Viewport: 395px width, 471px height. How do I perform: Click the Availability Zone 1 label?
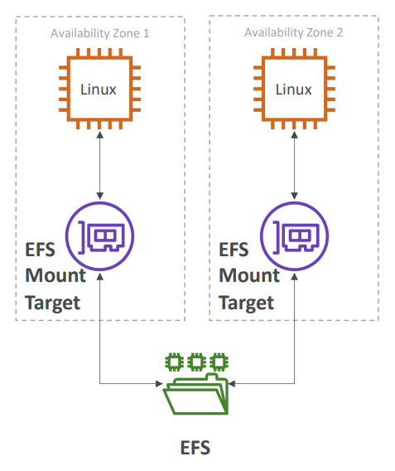[100, 33]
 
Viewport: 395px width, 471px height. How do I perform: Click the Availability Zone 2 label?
[294, 32]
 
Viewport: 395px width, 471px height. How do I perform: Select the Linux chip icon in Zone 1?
[99, 89]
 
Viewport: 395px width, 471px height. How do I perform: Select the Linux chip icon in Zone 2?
[294, 89]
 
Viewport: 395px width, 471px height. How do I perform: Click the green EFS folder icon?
[196, 394]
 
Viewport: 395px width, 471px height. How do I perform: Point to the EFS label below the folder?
[195, 448]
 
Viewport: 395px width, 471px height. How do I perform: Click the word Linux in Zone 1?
[99, 90]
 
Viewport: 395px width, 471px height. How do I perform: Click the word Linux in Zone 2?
[294, 90]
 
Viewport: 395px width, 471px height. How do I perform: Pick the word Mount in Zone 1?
[55, 275]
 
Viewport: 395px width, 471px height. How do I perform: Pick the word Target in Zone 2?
[246, 303]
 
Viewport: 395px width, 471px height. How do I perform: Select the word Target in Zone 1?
[52, 303]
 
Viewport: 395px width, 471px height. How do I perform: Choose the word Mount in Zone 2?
[249, 275]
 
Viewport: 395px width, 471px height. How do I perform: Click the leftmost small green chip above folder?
[174, 362]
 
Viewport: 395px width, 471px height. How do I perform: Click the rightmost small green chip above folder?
[219, 362]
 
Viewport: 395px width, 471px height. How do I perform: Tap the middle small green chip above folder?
[197, 362]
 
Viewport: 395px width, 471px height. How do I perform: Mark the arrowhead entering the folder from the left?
[160, 384]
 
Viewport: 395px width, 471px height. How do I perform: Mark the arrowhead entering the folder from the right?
[232, 384]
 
